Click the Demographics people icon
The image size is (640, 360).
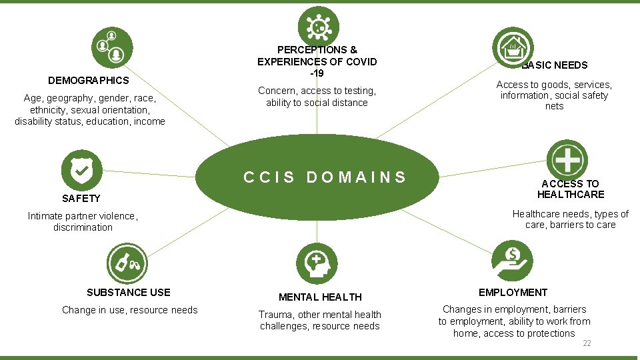coord(112,47)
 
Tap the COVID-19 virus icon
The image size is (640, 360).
coord(319,27)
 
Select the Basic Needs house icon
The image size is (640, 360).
coord(513,47)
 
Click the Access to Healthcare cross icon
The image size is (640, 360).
coord(567,160)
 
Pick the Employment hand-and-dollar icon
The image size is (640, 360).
coord(512,261)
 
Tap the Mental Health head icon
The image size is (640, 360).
coord(317,264)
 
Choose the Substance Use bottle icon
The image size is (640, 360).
coord(127,264)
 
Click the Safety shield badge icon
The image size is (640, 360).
coord(81,170)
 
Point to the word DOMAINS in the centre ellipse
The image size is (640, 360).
coord(356,177)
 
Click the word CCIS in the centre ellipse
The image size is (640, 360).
coord(269,177)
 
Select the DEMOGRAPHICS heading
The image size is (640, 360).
coord(89,81)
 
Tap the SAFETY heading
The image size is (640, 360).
coord(81,199)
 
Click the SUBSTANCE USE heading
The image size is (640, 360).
coord(129,292)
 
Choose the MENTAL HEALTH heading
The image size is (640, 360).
coord(321,297)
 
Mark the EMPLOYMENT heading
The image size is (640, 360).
coord(513,292)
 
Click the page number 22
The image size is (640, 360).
coord(587,343)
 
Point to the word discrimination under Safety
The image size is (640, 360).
coord(83,227)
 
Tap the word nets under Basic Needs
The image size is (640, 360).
coord(554,106)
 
